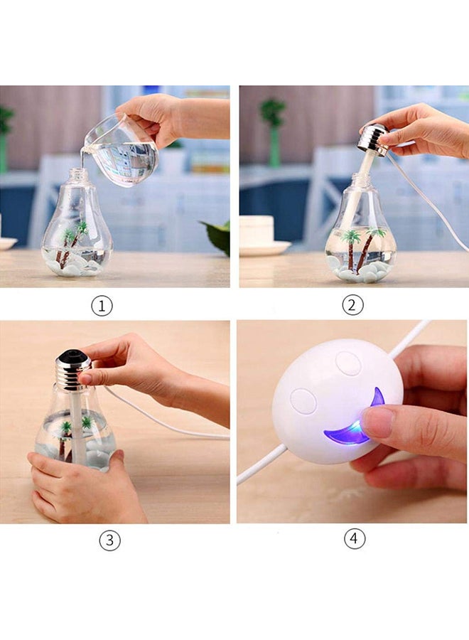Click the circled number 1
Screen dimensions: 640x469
[102, 306]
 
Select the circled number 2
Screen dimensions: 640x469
[352, 306]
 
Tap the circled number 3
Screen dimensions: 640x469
[109, 540]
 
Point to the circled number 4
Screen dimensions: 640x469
[355, 539]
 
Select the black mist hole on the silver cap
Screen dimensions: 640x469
[73, 354]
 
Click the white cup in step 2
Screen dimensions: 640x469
[257, 232]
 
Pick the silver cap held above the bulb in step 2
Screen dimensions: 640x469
[373, 139]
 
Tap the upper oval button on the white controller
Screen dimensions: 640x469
[348, 363]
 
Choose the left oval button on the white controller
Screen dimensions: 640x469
[303, 401]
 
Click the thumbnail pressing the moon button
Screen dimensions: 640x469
[376, 422]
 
